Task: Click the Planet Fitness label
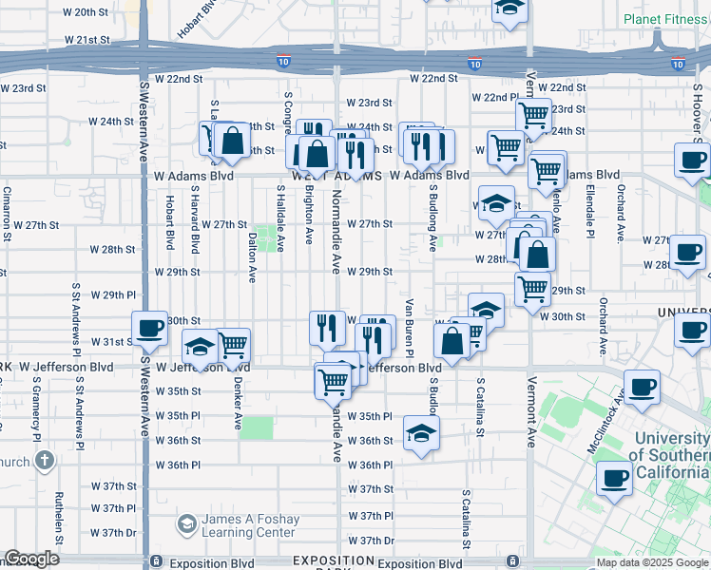click(x=665, y=19)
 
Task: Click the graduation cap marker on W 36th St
click(x=421, y=434)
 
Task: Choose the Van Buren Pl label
click(x=410, y=328)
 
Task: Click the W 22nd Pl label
click(x=494, y=98)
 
